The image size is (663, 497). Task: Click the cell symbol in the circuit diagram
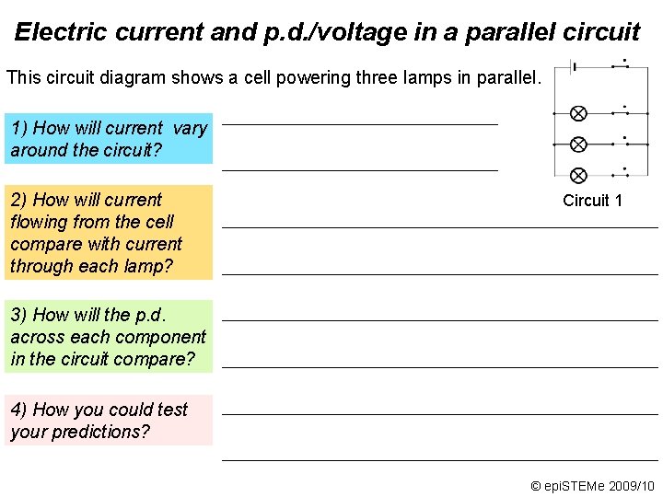coord(576,66)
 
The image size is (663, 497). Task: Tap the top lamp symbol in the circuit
coord(578,113)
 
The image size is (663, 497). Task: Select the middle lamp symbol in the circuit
coord(578,144)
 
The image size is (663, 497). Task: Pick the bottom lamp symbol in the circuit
coord(578,175)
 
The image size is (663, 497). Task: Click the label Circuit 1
coord(592,201)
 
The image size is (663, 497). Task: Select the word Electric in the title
coord(63,32)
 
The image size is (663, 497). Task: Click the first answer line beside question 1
coord(359,122)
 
